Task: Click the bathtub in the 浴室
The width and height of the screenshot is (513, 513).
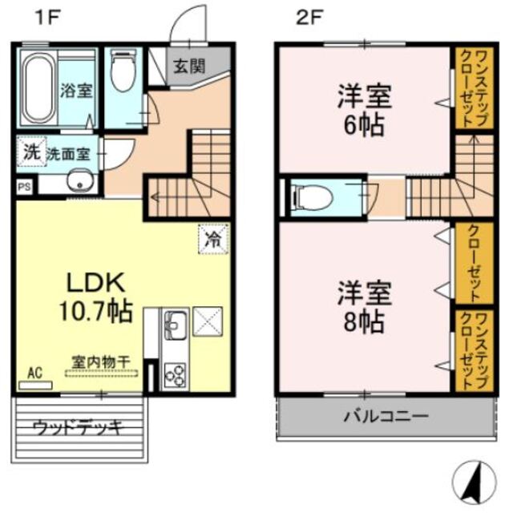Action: pyautogui.click(x=37, y=87)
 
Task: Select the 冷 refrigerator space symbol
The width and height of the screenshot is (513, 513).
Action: pyautogui.click(x=214, y=238)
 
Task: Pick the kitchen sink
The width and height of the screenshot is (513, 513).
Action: pyautogui.click(x=175, y=325)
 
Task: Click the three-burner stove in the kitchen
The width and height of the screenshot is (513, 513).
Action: pyautogui.click(x=175, y=373)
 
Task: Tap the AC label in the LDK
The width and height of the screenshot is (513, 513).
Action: pyautogui.click(x=34, y=373)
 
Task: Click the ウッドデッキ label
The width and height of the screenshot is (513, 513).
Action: pyautogui.click(x=77, y=427)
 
